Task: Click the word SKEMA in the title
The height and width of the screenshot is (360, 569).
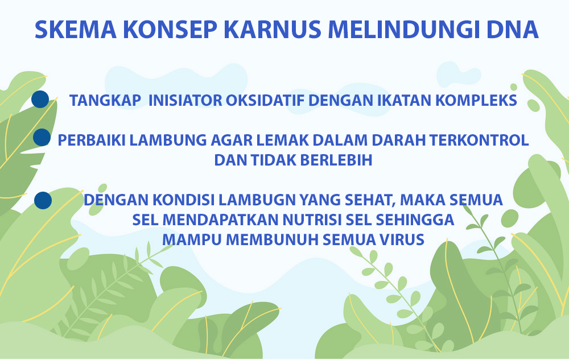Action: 76,30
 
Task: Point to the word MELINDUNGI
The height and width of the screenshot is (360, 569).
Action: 404,30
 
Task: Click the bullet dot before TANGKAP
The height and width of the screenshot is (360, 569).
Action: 40,100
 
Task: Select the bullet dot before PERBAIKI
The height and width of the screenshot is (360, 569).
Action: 42,138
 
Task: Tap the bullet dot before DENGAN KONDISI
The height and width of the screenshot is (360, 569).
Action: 43,200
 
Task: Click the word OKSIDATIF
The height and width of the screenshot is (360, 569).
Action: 265,101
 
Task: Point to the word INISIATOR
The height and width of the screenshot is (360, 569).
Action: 185,101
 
